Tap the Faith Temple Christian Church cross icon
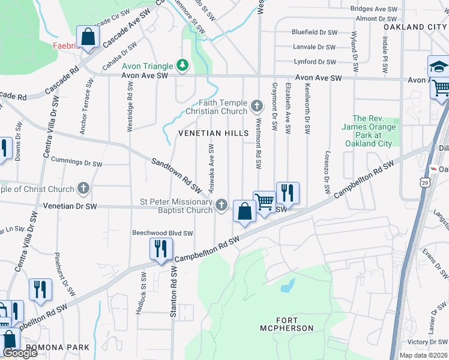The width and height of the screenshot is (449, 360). pyautogui.click(x=257, y=107)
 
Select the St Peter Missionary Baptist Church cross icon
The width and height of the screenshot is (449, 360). pyautogui.click(x=221, y=206)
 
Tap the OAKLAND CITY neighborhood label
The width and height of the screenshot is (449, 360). pyautogui.click(x=415, y=28)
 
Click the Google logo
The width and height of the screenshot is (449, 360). pyautogui.click(x=19, y=353)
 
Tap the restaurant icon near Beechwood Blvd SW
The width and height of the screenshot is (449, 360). pyautogui.click(x=161, y=248)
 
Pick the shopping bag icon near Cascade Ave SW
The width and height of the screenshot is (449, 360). pyautogui.click(x=88, y=37)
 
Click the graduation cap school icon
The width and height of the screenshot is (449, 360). pyautogui.click(x=438, y=66)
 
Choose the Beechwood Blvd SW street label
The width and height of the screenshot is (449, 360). pyautogui.click(x=163, y=233)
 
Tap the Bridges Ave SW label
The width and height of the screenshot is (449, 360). pyautogui.click(x=374, y=9)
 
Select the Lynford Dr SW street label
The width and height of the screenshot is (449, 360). pyautogui.click(x=315, y=62)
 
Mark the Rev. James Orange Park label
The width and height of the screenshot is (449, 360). pyautogui.click(x=369, y=131)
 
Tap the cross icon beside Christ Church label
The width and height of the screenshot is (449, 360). pyautogui.click(x=83, y=188)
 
